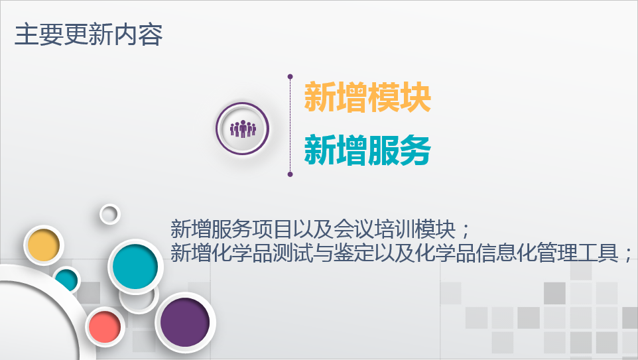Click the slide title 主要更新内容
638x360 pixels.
[x=89, y=34]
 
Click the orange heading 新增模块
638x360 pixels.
[x=367, y=97]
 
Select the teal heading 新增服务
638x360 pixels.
[x=367, y=150]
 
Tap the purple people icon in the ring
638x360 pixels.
[x=243, y=129]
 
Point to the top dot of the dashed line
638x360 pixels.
[x=290, y=76]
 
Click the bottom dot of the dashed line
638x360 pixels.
[x=290, y=174]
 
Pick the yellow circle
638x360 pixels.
[x=44, y=245]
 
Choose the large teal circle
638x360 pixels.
[x=135, y=267]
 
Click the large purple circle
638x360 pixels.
[x=185, y=322]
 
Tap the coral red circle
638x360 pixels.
[x=105, y=327]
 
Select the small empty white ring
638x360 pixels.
[x=110, y=214]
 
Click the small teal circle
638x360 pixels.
[x=66, y=280]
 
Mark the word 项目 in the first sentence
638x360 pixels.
[x=273, y=229]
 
